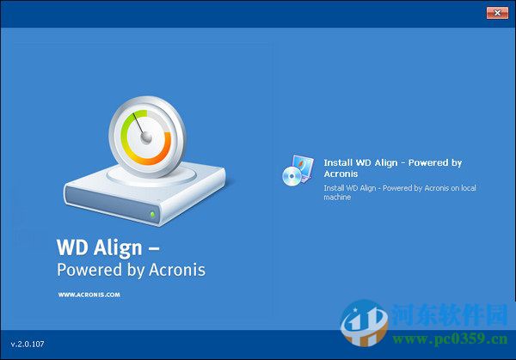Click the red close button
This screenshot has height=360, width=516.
[x=496, y=12]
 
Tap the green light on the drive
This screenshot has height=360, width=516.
[x=152, y=214]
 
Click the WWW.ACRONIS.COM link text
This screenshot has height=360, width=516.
[x=89, y=294]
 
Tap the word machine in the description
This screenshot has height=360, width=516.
[x=338, y=197]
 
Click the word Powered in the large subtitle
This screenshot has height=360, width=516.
[x=86, y=270]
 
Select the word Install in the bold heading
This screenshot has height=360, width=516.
[x=337, y=162]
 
